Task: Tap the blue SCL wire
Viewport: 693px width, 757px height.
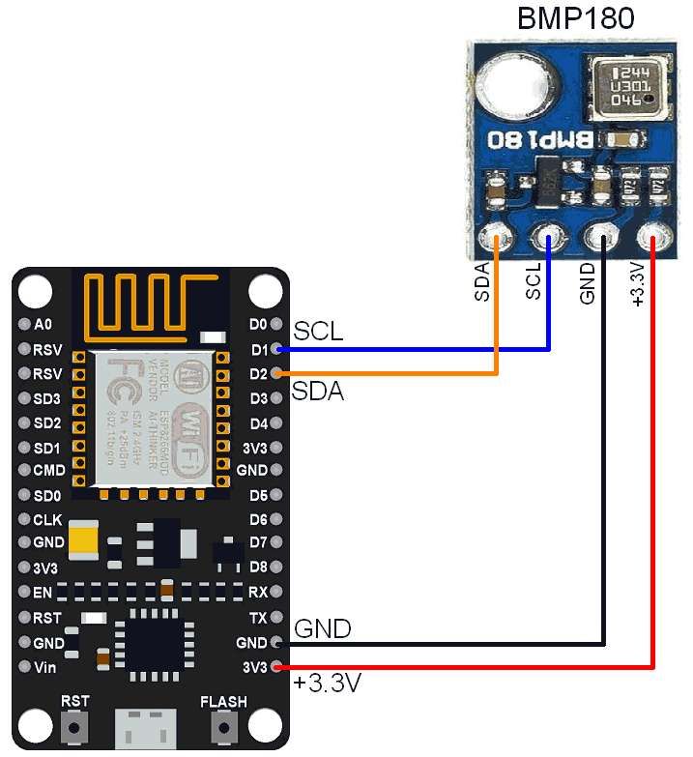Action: click(x=416, y=349)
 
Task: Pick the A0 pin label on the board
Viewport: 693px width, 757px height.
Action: click(x=42, y=325)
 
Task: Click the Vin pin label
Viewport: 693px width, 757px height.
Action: click(x=44, y=668)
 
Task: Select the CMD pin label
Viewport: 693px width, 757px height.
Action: click(x=47, y=472)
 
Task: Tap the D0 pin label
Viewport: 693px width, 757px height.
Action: click(x=257, y=325)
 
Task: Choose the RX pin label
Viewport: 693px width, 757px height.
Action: click(x=257, y=592)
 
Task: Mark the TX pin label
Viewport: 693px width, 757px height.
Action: click(x=257, y=617)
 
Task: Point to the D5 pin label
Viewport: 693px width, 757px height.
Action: click(x=257, y=496)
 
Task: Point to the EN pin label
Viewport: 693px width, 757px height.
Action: click(x=42, y=592)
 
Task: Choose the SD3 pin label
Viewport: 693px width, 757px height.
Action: click(x=46, y=398)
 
